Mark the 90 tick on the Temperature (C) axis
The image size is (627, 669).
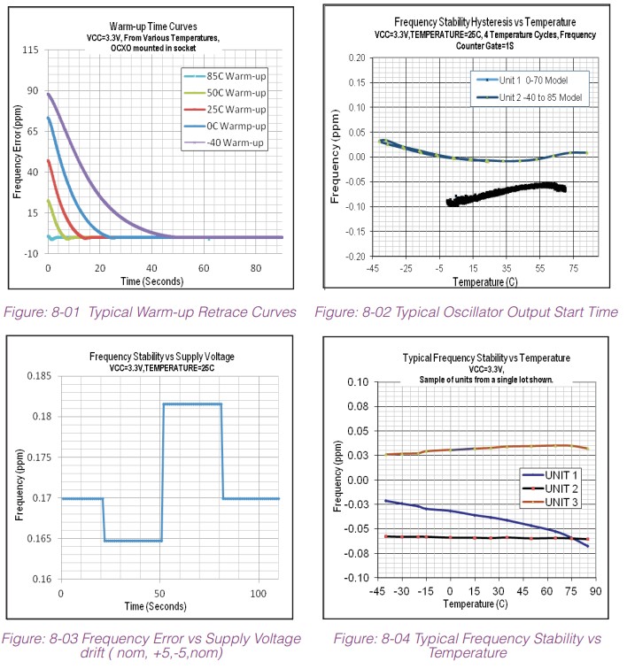click(x=596, y=591)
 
